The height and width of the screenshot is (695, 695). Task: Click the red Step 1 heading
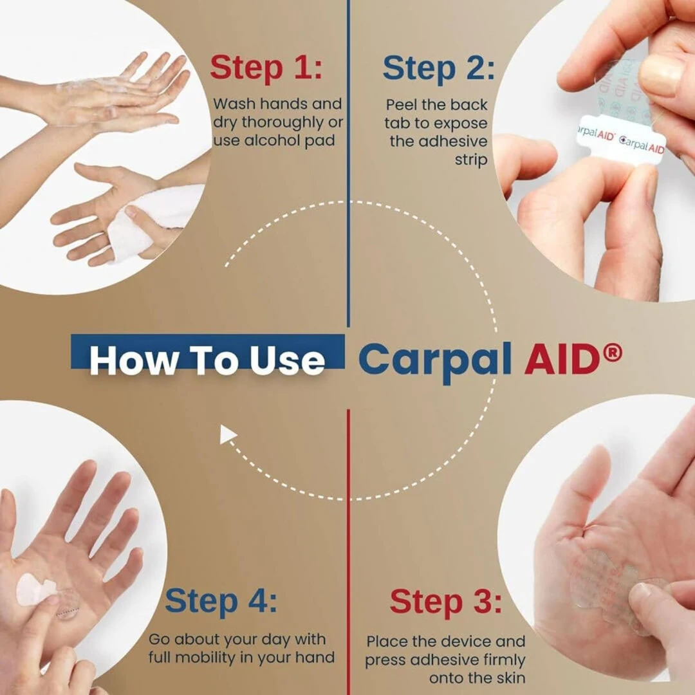pyautogui.click(x=266, y=68)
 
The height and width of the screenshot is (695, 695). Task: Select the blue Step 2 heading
pyautogui.click(x=438, y=69)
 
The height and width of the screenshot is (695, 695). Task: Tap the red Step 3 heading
pyautogui.click(x=445, y=602)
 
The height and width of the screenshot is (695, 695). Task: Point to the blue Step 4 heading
pyautogui.click(x=221, y=601)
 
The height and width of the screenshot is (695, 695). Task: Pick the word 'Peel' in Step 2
pyautogui.click(x=401, y=105)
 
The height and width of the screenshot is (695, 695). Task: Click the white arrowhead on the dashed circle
pyautogui.click(x=227, y=434)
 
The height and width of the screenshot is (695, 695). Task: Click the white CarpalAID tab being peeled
pyautogui.click(x=620, y=140)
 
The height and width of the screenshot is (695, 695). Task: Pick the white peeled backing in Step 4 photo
pyautogui.click(x=35, y=589)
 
